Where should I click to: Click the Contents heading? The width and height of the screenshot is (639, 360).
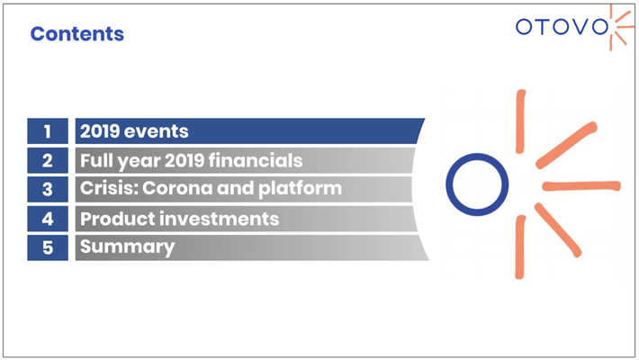77,34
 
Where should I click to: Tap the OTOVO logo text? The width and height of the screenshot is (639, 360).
562,27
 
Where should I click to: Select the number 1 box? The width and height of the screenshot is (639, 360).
48,130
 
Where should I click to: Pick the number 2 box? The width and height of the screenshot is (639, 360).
48,160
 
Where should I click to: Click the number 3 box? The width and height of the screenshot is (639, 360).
48,189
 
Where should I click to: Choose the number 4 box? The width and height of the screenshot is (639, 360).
48,219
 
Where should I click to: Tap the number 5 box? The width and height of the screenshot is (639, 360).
48,247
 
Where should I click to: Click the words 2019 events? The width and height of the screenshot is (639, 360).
134,131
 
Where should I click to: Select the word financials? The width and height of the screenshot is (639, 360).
256,160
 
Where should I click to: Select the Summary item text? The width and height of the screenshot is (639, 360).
128,247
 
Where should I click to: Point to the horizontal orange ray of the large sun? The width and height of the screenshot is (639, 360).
581,186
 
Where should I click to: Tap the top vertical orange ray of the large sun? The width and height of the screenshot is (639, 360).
520,121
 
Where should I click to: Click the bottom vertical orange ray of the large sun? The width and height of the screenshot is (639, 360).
520,247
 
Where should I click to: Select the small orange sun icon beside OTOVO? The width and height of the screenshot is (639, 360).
620,28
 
